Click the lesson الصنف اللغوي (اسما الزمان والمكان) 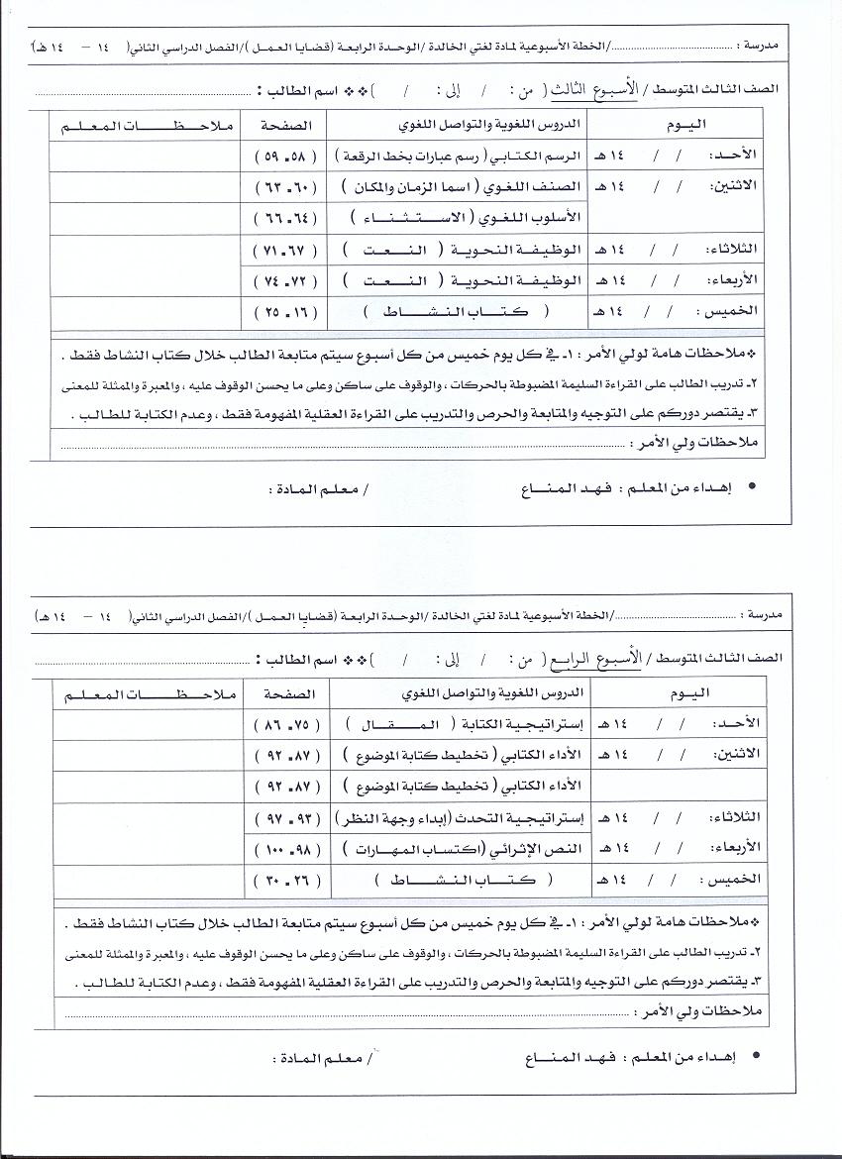(x=464, y=186)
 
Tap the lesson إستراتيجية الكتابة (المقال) (x=462, y=725)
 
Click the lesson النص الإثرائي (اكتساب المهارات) (x=464, y=850)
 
